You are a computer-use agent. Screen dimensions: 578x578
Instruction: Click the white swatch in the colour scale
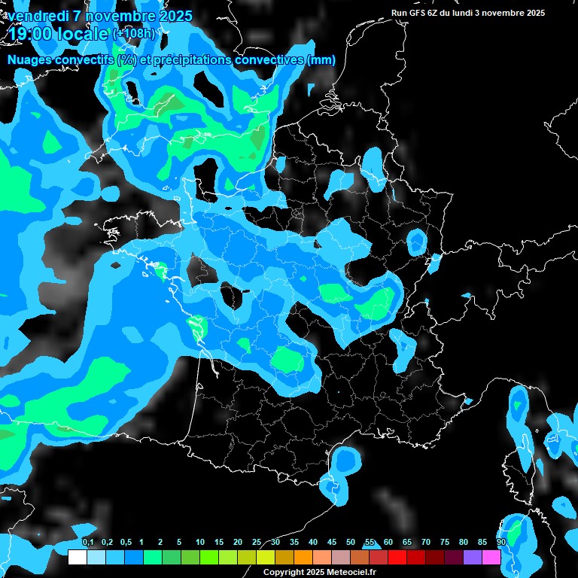point(77,557)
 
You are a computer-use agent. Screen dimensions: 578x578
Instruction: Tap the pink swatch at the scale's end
point(491,557)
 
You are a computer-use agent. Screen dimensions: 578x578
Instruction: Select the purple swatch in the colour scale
point(473,557)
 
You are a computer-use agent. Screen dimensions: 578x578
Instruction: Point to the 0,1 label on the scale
point(87,543)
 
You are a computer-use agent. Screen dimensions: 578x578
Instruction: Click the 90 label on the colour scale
point(501,543)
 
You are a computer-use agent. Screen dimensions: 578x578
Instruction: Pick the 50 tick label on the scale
point(351,543)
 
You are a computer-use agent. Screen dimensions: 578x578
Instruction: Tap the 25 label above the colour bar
point(257,543)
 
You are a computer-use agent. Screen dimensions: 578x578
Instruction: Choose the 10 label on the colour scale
point(200,543)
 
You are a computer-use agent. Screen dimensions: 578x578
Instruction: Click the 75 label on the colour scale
point(445,543)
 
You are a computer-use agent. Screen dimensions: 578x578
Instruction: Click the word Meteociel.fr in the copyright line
point(349,573)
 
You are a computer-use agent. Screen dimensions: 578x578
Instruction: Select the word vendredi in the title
point(38,16)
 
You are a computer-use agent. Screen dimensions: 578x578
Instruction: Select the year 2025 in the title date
point(174,16)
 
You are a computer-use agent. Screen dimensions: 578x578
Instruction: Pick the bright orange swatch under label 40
point(303,557)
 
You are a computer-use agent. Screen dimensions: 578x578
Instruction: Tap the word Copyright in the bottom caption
point(283,573)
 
